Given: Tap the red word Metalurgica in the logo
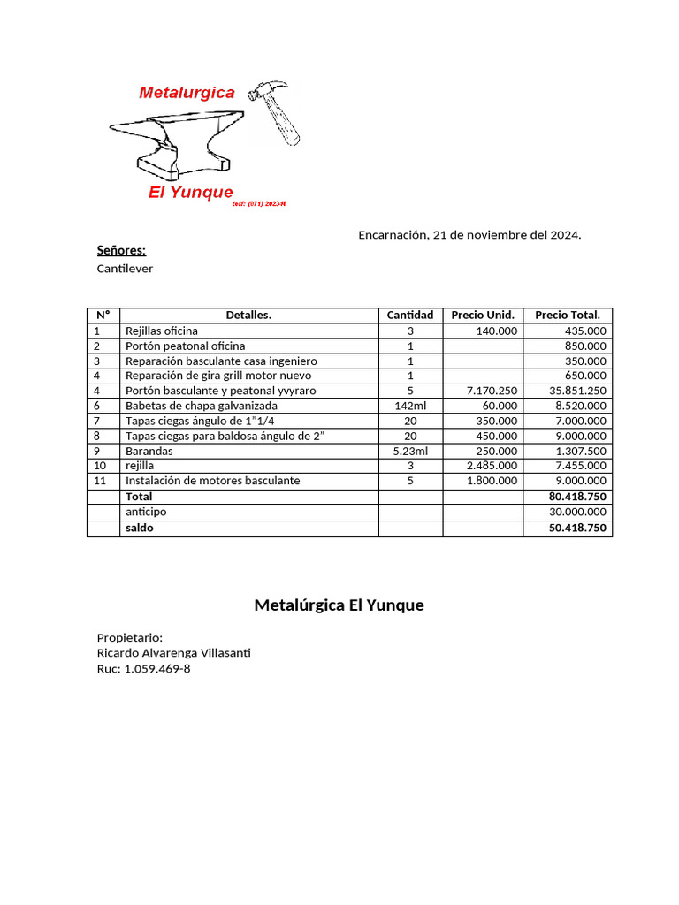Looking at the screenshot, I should pyautogui.click(x=187, y=92).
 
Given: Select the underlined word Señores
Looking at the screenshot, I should pyautogui.click(x=121, y=251).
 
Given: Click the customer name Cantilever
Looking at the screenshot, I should pyautogui.click(x=125, y=269).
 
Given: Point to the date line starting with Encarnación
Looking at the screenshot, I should pyautogui.click(x=469, y=235).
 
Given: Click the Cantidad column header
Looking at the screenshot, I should pyautogui.click(x=410, y=316).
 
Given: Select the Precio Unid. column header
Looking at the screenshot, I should pyautogui.click(x=483, y=316).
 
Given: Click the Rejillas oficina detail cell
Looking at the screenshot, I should pyautogui.click(x=162, y=331).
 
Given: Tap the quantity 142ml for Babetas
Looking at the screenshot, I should pyautogui.click(x=410, y=406).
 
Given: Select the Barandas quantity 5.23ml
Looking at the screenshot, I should pyautogui.click(x=410, y=451).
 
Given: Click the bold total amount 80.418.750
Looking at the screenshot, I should pyautogui.click(x=577, y=497).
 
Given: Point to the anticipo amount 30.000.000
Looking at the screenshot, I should pyautogui.click(x=577, y=512).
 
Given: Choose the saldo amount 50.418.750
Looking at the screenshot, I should pyautogui.click(x=577, y=528).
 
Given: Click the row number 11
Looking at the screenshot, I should pyautogui.click(x=100, y=481).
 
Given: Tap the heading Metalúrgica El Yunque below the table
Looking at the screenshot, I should pyautogui.click(x=339, y=605).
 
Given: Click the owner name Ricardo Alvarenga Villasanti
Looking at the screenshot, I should pyautogui.click(x=174, y=653).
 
